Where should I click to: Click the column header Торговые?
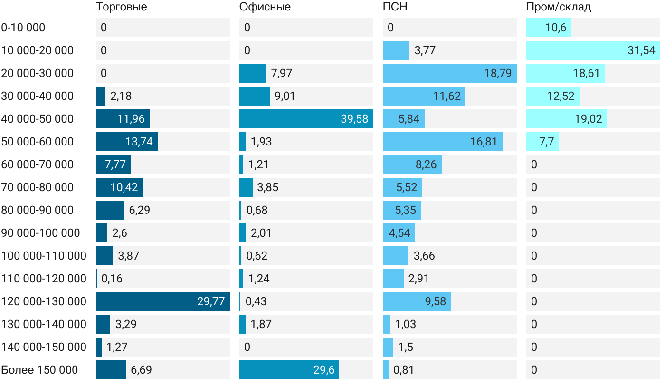pyautogui.click(x=121, y=7)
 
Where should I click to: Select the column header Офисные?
pyautogui.click(x=265, y=7)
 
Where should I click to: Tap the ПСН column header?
pyautogui.click(x=395, y=7)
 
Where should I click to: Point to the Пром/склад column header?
pyautogui.click(x=558, y=7)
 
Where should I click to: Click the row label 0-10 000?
pyautogui.click(x=23, y=28)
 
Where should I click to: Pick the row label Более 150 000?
pyautogui.click(x=39, y=370)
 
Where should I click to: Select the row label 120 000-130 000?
pyautogui.click(x=44, y=301)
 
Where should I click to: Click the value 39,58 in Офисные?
pyautogui.click(x=354, y=119)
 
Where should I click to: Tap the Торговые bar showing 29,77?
pyautogui.click(x=163, y=301)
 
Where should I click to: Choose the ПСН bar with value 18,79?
pyautogui.click(x=449, y=73)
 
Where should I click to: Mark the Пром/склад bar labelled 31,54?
pyautogui.click(x=593, y=50)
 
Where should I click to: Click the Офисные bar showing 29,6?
pyautogui.click(x=289, y=370)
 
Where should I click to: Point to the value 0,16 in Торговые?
pyautogui.click(x=112, y=279)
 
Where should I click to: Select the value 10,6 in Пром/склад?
pyautogui.click(x=556, y=28)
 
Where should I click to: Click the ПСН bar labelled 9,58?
pyautogui.click(x=417, y=301)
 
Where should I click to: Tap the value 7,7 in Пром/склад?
pyautogui.click(x=547, y=142)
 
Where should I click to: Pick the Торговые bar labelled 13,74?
pyautogui.click(x=126, y=142)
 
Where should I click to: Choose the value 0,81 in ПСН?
pyautogui.click(x=404, y=370)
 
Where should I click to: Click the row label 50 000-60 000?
pyautogui.click(x=38, y=142)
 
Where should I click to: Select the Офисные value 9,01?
pyautogui.click(x=285, y=96)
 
